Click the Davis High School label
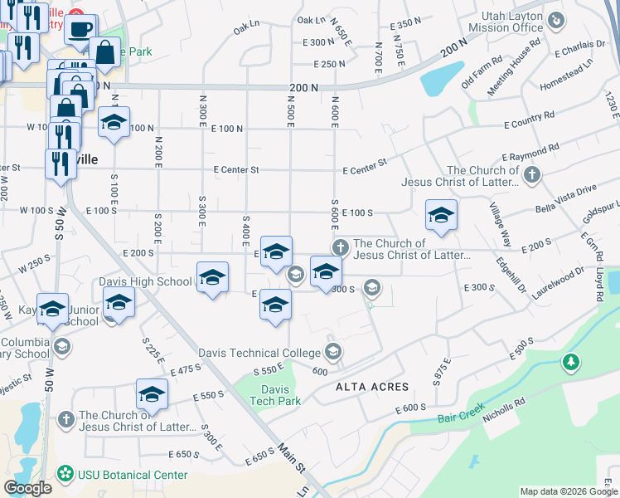click(145, 281)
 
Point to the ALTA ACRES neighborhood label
click(372, 387)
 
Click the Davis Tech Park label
click(274, 395)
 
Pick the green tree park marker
click(570, 362)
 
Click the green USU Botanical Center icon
click(64, 475)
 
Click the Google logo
click(27, 488)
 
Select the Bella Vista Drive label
click(565, 190)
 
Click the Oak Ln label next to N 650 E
click(312, 20)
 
